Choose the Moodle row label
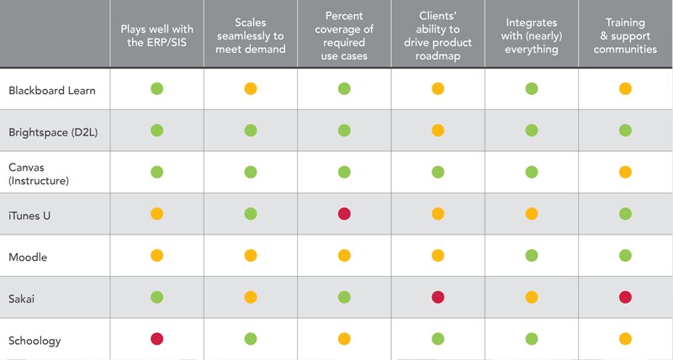pos(28,256)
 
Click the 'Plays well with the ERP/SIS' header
pos(156,34)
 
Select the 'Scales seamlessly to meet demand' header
pos(250,34)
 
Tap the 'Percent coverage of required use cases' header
pos(344,34)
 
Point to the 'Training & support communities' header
pos(625,34)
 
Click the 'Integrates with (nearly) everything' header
pos(532,34)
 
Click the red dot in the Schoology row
pos(156,339)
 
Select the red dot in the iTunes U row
pos(344,214)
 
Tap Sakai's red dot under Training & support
pos(625,297)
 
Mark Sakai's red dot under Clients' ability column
pos(437,297)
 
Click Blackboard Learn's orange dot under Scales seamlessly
pos(250,89)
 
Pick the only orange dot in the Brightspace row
pos(437,131)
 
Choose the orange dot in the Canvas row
pos(625,172)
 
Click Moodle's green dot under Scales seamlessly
pos(250,256)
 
